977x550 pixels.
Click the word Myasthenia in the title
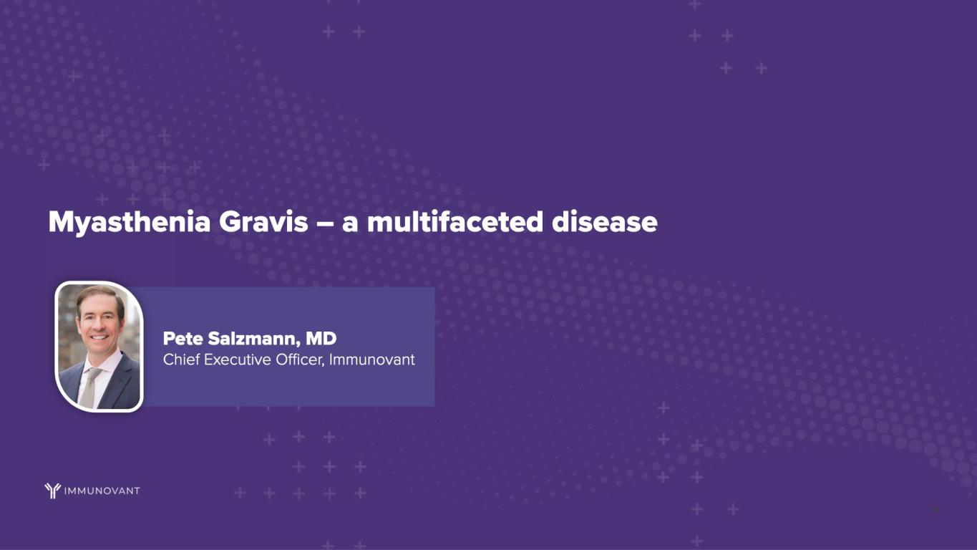tap(130, 223)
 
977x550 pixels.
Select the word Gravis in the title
tap(263, 222)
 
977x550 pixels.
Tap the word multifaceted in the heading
tap(455, 221)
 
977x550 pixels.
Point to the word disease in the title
tap(605, 222)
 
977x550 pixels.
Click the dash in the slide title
tap(325, 223)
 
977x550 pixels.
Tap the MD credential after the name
tap(321, 338)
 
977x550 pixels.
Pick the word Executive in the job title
tap(238, 360)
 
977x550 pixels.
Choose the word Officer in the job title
tap(300, 360)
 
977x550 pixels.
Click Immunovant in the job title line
tap(372, 360)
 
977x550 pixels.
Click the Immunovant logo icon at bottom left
tap(52, 491)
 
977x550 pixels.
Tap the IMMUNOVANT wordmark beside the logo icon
tap(102, 491)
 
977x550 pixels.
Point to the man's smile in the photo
tap(99, 337)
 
